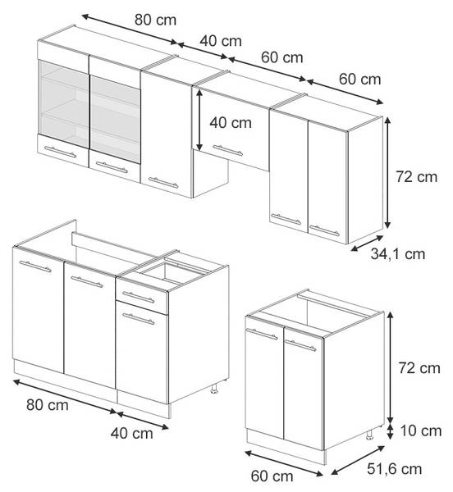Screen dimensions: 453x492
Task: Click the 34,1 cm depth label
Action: pyautogui.click(x=398, y=254)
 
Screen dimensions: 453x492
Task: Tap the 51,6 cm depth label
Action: pyautogui.click(x=394, y=469)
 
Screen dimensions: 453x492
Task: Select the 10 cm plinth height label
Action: pyautogui.click(x=421, y=430)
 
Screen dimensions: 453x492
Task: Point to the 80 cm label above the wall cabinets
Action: pyautogui.click(x=155, y=20)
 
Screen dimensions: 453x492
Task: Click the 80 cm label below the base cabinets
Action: pyautogui.click(x=48, y=405)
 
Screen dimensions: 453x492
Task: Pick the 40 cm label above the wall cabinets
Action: pyautogui.click(x=221, y=41)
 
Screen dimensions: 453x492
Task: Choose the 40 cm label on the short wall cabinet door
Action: pyautogui.click(x=231, y=123)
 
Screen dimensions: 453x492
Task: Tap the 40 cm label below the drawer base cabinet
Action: pyautogui.click(x=132, y=433)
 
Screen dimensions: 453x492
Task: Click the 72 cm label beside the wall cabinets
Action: pyautogui.click(x=416, y=176)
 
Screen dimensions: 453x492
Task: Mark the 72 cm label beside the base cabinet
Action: pyautogui.click(x=419, y=367)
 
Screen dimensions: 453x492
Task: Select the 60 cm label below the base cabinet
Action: pyautogui.click(x=272, y=476)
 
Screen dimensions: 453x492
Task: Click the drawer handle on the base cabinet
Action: pyautogui.click(x=139, y=297)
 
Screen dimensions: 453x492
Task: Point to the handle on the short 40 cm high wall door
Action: pyautogui.click(x=227, y=150)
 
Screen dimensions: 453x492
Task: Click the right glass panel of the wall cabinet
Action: pyautogui.click(x=115, y=119)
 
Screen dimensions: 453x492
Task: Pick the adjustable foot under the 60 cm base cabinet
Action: pyautogui.click(x=369, y=435)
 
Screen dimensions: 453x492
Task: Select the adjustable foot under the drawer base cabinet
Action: pyautogui.click(x=214, y=389)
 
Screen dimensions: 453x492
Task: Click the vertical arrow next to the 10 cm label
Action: pyautogui.click(x=390, y=432)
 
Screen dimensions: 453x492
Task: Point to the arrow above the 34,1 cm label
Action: pyautogui.click(x=367, y=243)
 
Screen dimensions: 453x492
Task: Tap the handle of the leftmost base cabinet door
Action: pyautogui.click(x=35, y=266)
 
